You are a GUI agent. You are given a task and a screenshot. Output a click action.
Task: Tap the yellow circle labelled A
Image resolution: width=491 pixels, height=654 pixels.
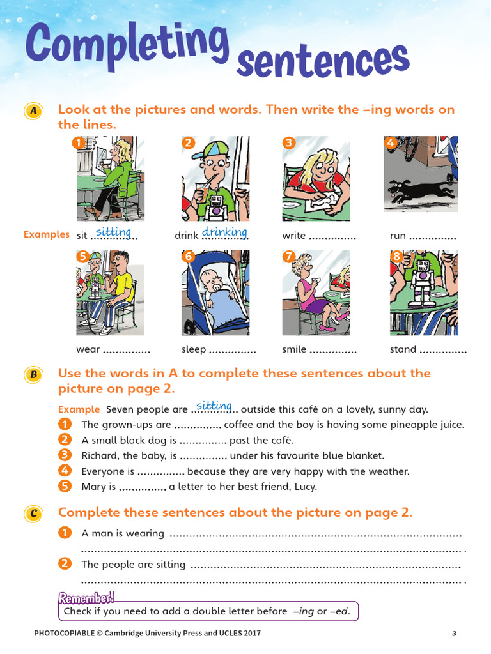pyautogui.click(x=32, y=111)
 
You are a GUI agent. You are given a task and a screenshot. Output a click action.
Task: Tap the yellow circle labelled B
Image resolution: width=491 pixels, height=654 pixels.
pyautogui.click(x=32, y=375)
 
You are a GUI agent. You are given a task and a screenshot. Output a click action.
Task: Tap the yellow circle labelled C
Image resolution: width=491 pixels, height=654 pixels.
pyautogui.click(x=32, y=513)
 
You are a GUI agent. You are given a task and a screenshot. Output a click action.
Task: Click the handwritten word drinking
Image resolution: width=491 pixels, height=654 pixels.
pyautogui.click(x=224, y=232)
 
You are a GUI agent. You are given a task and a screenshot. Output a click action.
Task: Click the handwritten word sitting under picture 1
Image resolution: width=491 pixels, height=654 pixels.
pyautogui.click(x=113, y=232)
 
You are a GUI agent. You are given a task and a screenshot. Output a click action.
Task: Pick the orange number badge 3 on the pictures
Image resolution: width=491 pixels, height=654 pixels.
pyautogui.click(x=288, y=143)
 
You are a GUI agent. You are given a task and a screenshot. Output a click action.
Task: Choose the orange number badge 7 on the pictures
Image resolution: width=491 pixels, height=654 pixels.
pyautogui.click(x=288, y=257)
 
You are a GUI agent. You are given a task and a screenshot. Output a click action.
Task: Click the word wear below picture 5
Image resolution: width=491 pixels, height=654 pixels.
pyautogui.click(x=88, y=349)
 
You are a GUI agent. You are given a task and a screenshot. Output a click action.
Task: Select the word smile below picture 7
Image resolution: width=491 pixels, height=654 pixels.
pyautogui.click(x=294, y=349)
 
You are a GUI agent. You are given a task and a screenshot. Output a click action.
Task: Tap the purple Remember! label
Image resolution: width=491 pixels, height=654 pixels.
pyautogui.click(x=86, y=598)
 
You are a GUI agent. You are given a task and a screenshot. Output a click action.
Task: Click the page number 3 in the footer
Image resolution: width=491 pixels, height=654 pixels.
pyautogui.click(x=454, y=634)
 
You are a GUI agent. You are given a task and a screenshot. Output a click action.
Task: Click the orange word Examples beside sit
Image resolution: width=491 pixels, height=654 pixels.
pyautogui.click(x=46, y=234)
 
